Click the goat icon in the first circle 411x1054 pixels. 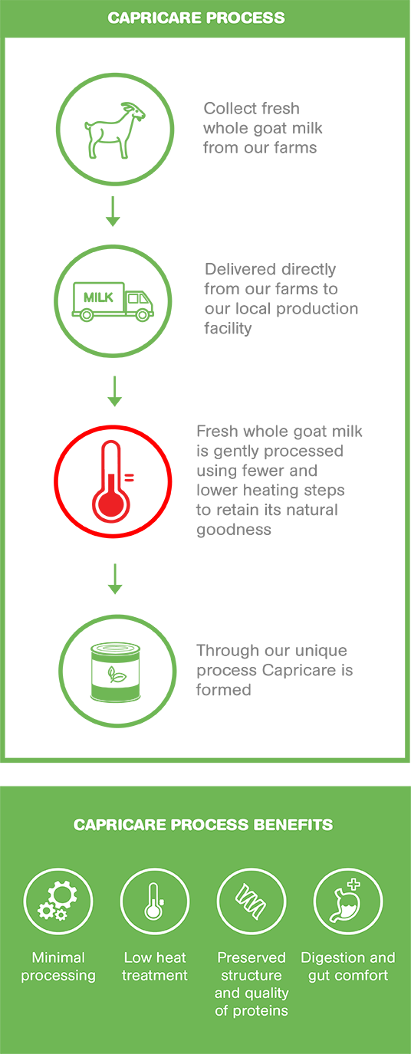(x=115, y=130)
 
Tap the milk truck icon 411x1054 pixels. (x=113, y=301)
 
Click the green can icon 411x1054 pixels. (x=115, y=672)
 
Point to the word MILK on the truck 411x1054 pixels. (x=98, y=297)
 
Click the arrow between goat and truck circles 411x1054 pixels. (x=113, y=212)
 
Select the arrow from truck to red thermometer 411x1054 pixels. (x=114, y=391)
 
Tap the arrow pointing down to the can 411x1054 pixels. (x=115, y=579)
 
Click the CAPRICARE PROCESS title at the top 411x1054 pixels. (x=196, y=18)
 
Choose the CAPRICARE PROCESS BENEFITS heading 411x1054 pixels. (x=203, y=824)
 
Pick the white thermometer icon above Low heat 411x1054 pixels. (x=154, y=901)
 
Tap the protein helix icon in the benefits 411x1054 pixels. (x=251, y=901)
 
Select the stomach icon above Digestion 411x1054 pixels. (x=347, y=900)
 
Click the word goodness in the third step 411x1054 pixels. (x=234, y=530)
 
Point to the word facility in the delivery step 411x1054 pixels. (x=228, y=328)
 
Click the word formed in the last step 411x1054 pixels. (x=224, y=690)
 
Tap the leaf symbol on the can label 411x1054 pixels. (x=116, y=675)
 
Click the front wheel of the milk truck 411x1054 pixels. (x=142, y=315)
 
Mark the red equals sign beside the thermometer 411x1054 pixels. (x=129, y=478)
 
